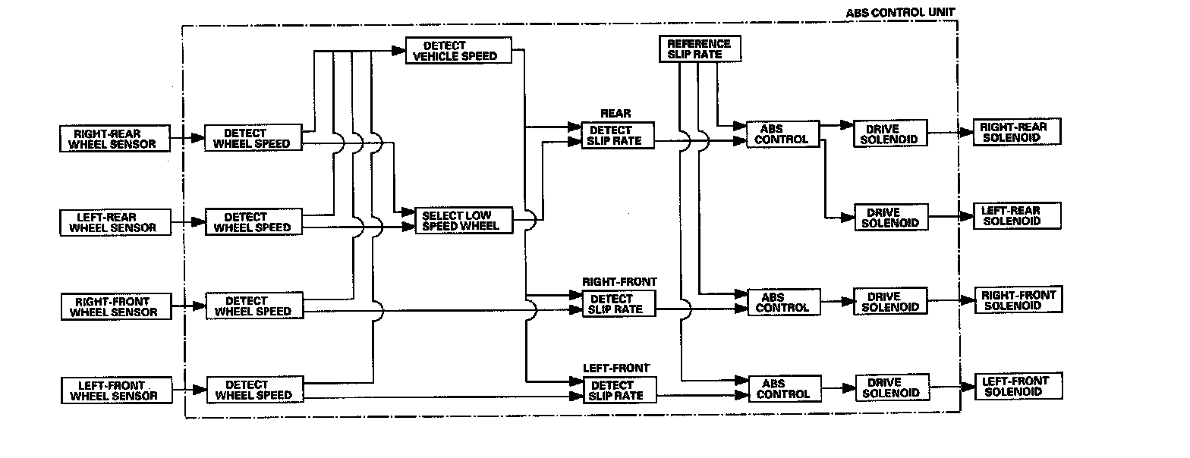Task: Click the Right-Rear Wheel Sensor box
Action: point(114,139)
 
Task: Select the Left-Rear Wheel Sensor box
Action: point(114,222)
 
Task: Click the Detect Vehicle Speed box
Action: point(458,51)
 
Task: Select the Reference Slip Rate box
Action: point(698,49)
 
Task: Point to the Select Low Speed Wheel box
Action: point(463,220)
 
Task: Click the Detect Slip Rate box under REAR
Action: point(618,135)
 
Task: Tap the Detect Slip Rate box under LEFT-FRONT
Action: point(619,390)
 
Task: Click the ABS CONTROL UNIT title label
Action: point(900,13)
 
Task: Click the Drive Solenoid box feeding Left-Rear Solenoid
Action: point(891,218)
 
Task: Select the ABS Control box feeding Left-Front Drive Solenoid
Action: point(783,389)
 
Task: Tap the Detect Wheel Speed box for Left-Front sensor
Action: point(253,390)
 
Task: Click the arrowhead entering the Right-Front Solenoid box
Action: point(968,300)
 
